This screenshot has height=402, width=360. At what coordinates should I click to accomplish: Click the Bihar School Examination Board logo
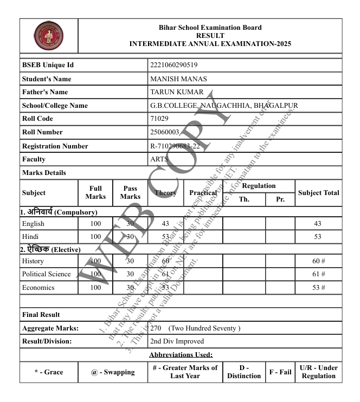pos(48,37)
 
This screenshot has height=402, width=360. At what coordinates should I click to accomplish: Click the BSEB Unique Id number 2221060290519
pos(173,66)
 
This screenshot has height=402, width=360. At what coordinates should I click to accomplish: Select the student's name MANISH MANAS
pos(178,79)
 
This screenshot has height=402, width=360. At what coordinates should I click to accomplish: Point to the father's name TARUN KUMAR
pos(177,92)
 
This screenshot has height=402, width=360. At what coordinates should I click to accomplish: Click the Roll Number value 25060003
pos(165,132)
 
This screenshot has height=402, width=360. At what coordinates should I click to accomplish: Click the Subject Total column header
pos(318,192)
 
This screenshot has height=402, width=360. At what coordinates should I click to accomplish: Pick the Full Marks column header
pos(95,192)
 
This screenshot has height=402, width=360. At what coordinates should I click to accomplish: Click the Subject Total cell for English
pos(318,223)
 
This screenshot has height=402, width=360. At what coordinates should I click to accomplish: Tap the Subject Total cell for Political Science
pos(318,274)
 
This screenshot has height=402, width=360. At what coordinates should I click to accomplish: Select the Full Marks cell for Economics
pos(95,288)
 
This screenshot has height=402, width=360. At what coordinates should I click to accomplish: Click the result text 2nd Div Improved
pos(177,341)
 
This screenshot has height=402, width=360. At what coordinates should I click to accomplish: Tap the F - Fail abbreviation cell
pos(280,372)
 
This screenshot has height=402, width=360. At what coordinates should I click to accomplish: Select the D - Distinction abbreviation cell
pos(244,372)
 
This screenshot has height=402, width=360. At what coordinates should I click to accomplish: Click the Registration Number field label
pos(55,146)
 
